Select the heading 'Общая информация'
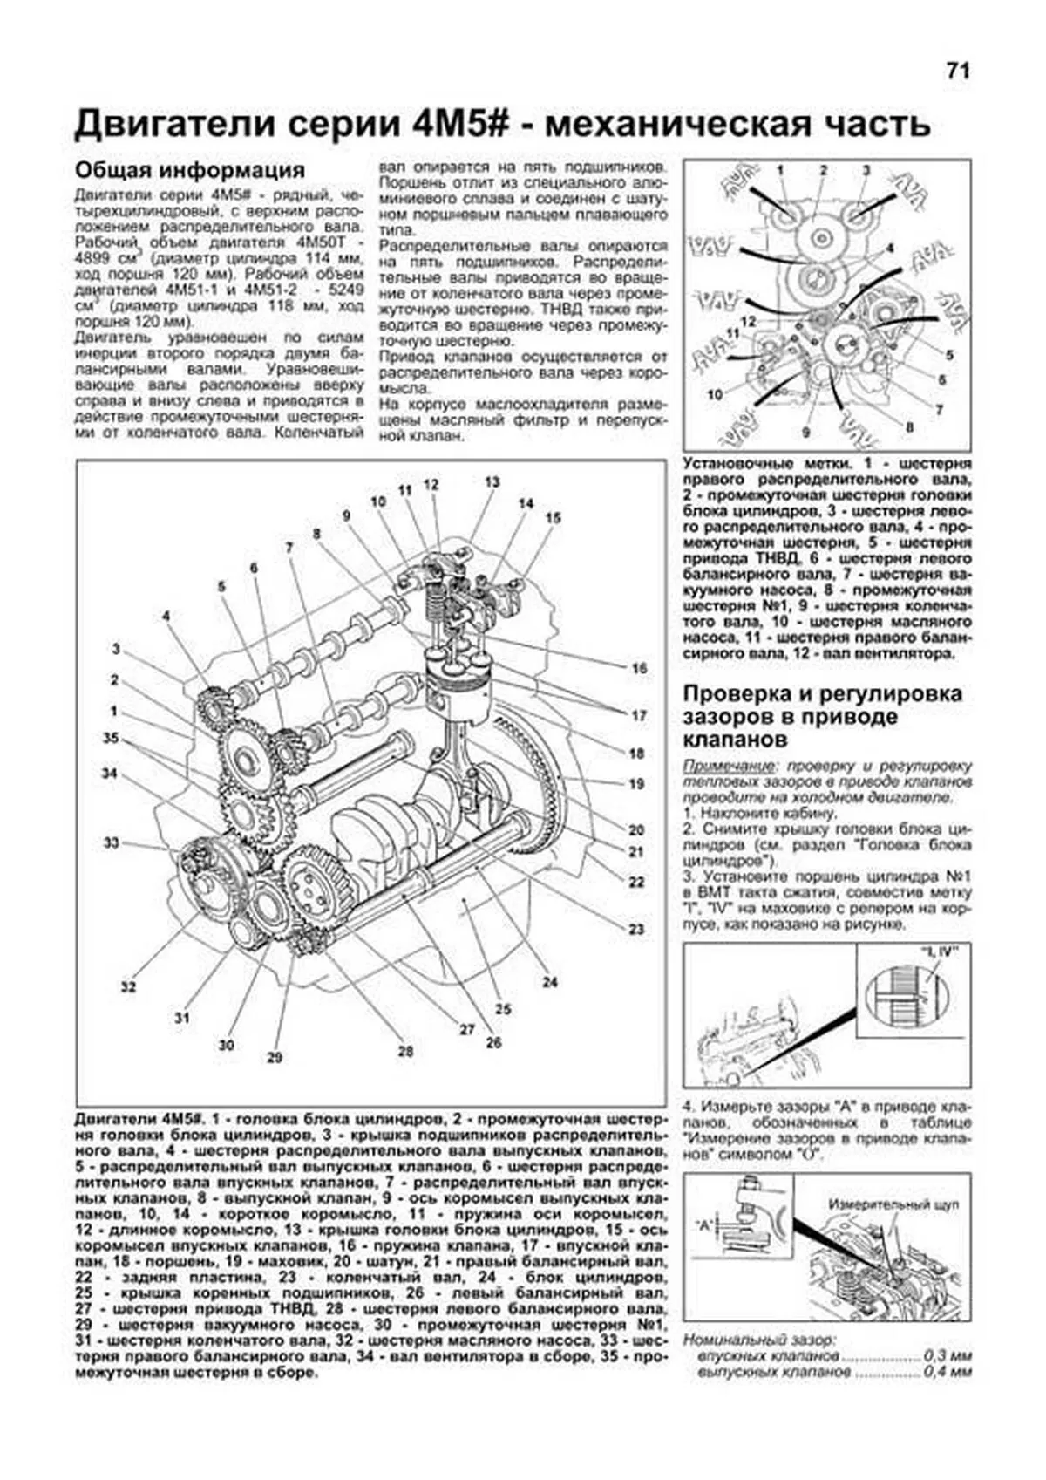[189, 169]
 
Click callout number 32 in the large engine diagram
[129, 987]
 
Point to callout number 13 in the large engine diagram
[492, 482]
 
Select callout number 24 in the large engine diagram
[549, 982]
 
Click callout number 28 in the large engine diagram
[405, 1051]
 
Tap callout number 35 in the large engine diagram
[110, 738]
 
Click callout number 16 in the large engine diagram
[639, 668]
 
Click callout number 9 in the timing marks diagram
[806, 433]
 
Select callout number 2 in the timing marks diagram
[822, 170]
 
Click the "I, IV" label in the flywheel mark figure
[933, 951]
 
